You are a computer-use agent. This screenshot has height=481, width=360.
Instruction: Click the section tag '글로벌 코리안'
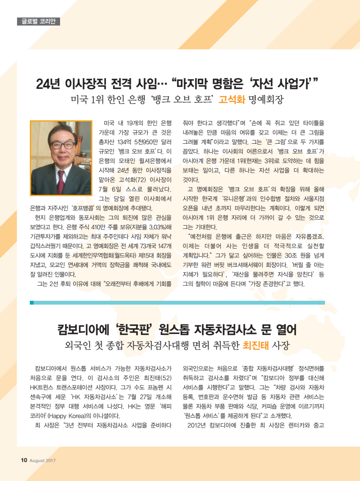(38, 21)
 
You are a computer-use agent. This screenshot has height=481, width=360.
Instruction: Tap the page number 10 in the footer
(24, 460)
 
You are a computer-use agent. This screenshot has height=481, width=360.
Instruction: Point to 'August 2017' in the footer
(44, 460)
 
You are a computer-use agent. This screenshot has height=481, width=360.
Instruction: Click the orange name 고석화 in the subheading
(231, 100)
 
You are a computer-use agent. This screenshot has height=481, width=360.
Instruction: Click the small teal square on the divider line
(32, 303)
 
